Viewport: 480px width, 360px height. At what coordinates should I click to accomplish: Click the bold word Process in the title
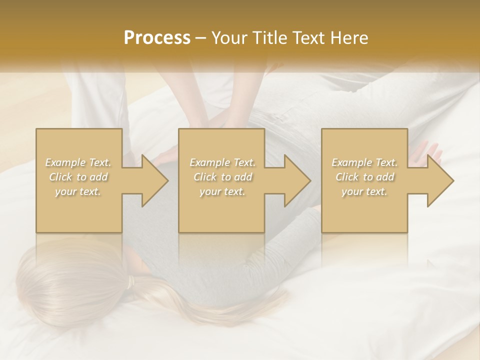point(157,38)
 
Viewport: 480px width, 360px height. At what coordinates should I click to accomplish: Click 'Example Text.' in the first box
point(78,162)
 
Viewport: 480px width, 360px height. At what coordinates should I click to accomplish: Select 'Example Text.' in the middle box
point(222,162)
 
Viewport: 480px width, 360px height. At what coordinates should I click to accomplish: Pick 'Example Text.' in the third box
point(364,162)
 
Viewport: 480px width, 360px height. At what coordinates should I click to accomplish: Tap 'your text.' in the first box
point(78,191)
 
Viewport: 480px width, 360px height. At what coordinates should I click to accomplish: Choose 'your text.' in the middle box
point(222,191)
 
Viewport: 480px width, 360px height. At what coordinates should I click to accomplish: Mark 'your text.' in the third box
point(364,191)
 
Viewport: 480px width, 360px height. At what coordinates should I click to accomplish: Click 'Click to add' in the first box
point(78,177)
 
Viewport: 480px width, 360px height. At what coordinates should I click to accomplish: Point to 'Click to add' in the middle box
point(222,177)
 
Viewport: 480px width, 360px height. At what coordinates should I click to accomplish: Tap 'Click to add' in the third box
point(364,177)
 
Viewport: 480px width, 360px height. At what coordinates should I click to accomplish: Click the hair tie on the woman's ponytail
point(131,283)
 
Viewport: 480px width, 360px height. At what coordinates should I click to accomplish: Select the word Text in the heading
point(307,38)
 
